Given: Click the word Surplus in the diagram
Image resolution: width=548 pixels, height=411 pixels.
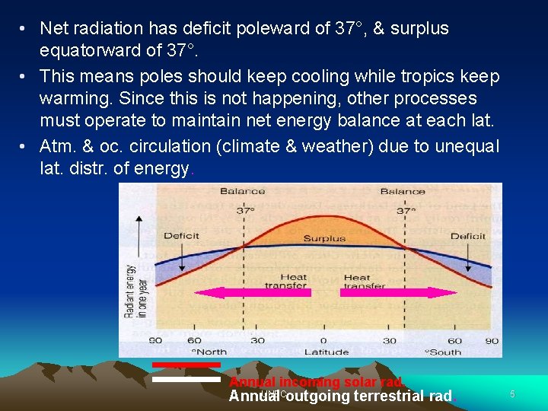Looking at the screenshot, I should click(x=324, y=238).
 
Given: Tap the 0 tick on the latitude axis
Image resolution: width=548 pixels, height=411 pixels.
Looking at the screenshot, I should click(x=323, y=340).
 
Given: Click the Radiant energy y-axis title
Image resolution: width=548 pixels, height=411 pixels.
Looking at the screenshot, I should click(x=132, y=290).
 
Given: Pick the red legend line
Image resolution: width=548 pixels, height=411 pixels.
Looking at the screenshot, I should click(x=186, y=365).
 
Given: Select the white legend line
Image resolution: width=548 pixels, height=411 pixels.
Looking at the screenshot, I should click(x=186, y=378).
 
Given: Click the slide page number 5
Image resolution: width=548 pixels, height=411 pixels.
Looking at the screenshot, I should click(x=512, y=394).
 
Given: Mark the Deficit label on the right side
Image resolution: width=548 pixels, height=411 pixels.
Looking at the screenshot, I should click(x=467, y=236).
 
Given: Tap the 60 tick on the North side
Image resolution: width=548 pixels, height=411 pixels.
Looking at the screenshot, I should click(x=195, y=340).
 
